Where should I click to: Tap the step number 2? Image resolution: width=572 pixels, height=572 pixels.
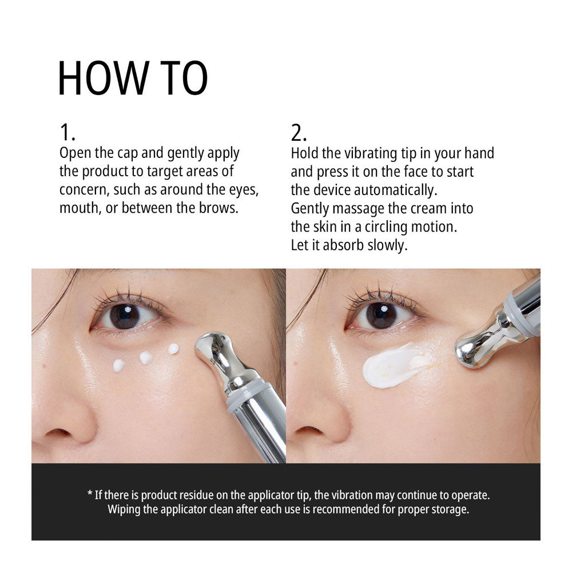(298, 133)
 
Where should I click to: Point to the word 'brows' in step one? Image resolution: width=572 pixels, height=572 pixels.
(220, 207)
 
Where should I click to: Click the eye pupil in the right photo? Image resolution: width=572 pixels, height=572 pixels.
(380, 315)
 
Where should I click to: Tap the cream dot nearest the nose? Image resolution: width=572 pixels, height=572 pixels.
(119, 365)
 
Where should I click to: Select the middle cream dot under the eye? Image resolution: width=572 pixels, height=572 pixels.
(146, 357)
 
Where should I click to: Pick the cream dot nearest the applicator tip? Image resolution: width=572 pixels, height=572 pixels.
(174, 348)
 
